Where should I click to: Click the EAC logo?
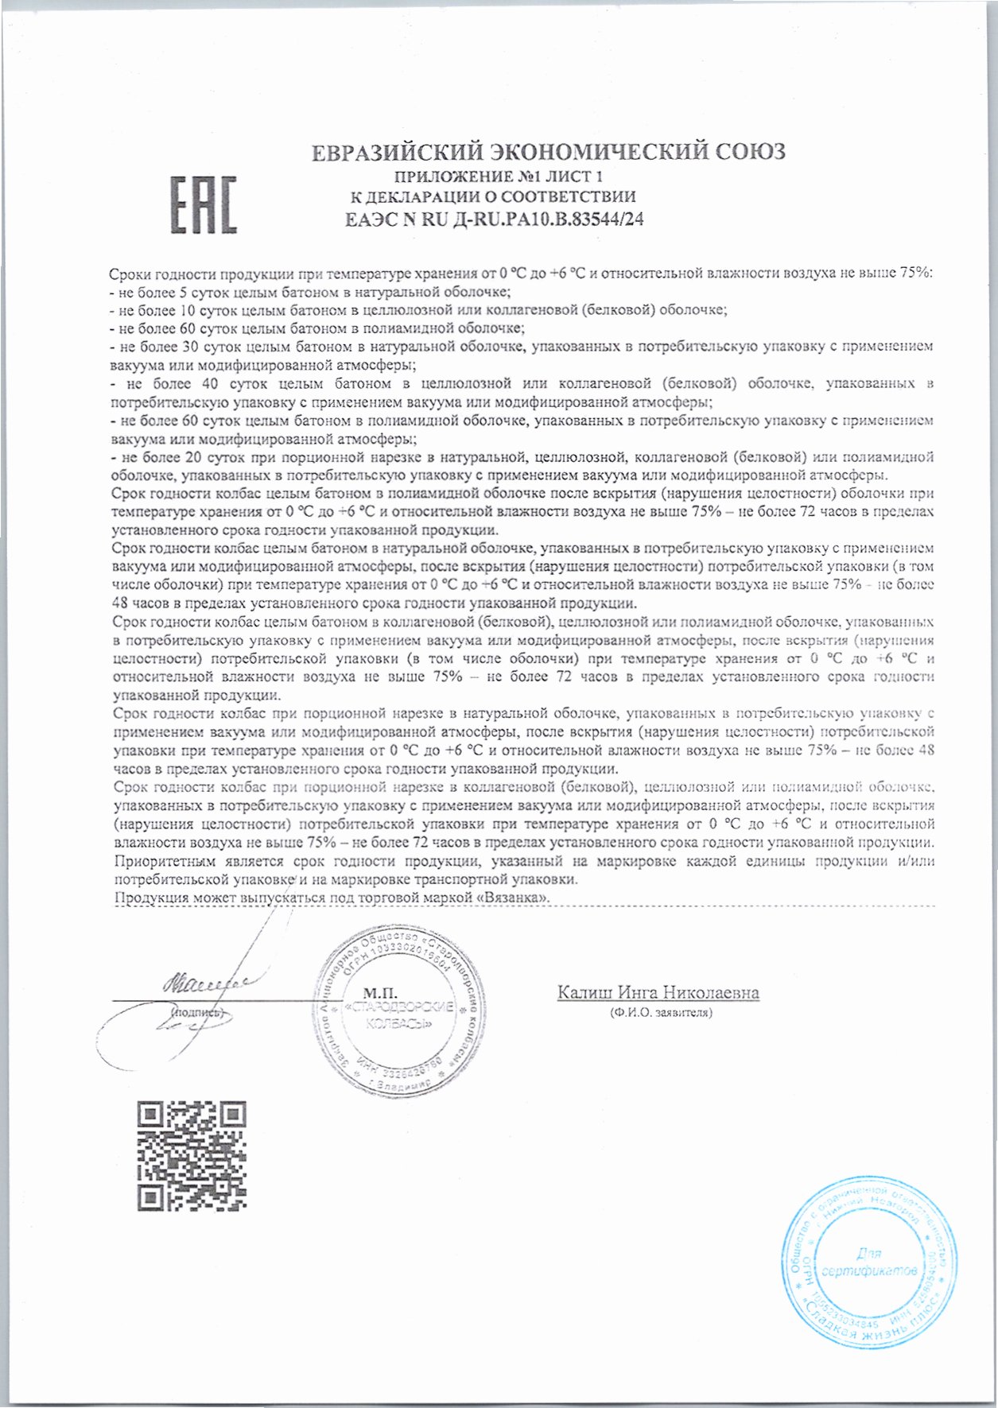(x=204, y=205)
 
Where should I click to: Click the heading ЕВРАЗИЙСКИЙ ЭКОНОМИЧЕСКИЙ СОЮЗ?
(x=548, y=151)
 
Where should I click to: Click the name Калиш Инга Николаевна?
(x=658, y=992)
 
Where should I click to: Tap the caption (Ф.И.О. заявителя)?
(x=661, y=1013)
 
